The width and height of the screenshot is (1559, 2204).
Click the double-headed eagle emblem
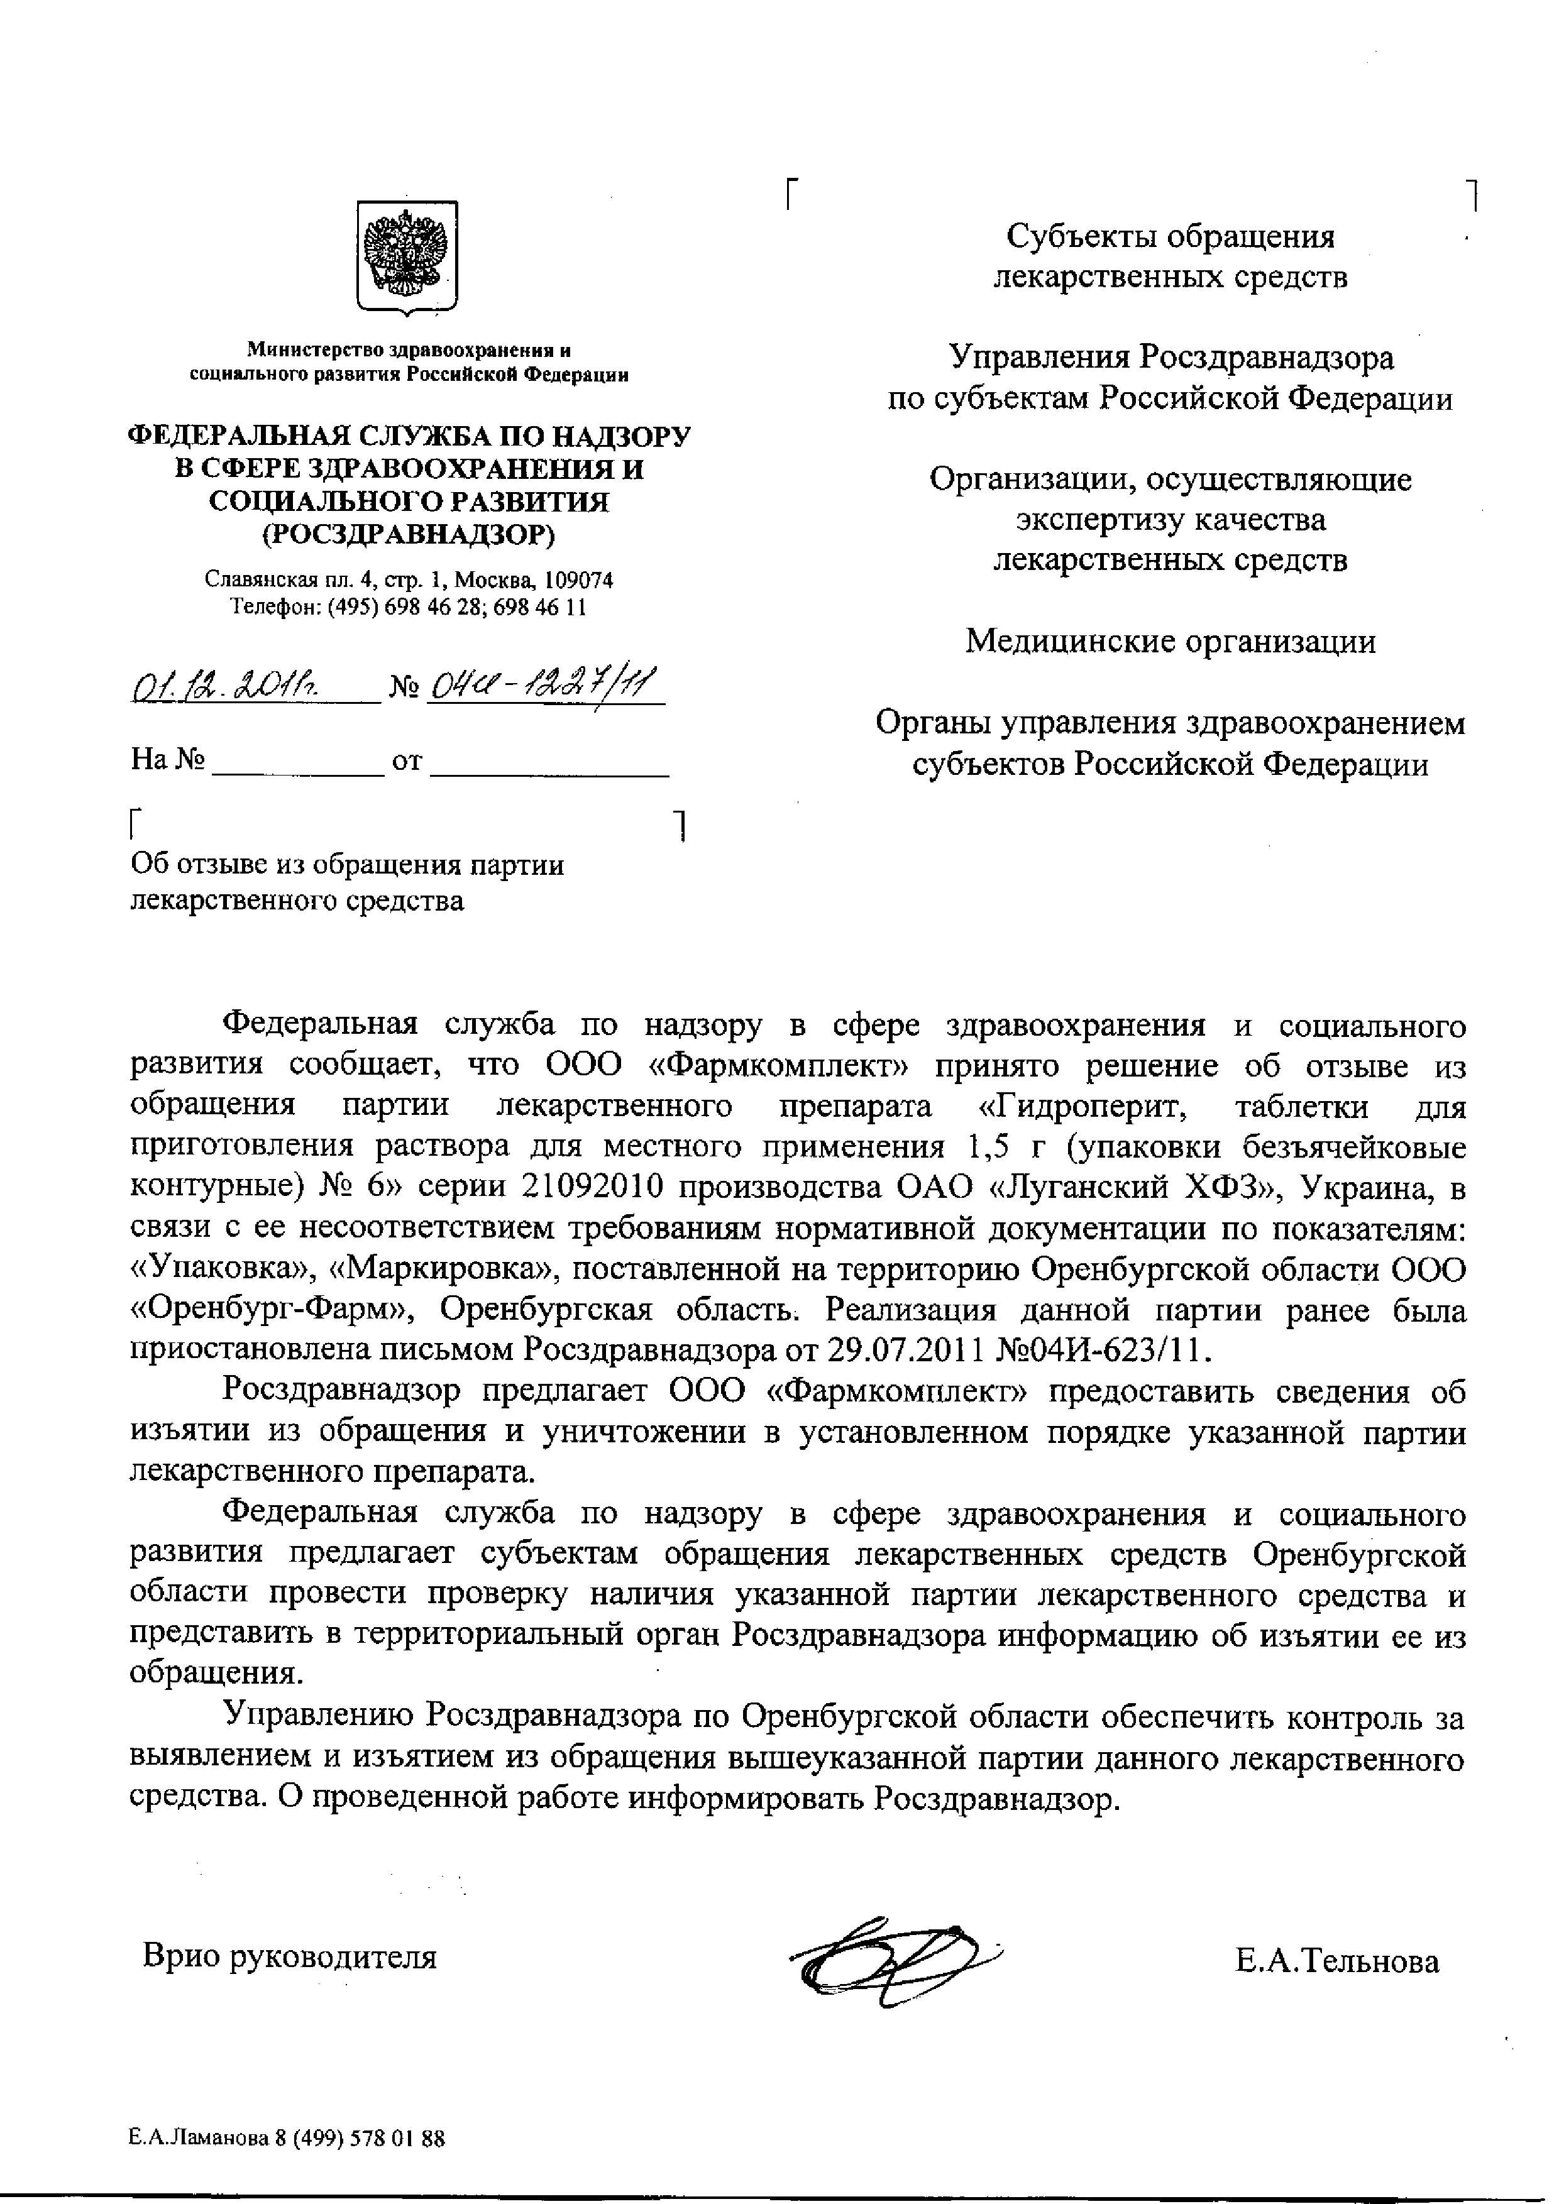click(x=407, y=255)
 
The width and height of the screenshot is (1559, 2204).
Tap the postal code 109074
click(x=578, y=580)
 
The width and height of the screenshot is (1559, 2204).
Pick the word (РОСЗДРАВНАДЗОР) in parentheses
click(x=409, y=534)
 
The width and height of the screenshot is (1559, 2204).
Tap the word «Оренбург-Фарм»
click(x=269, y=1309)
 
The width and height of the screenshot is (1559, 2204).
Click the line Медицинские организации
click(x=1171, y=640)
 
